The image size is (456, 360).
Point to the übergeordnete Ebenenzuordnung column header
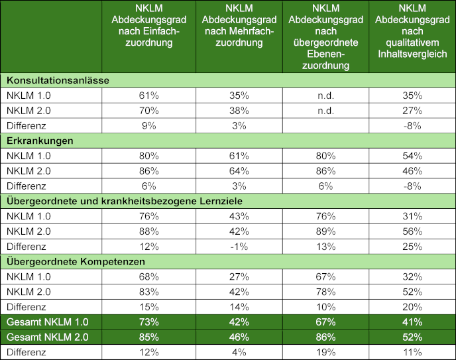(325, 36)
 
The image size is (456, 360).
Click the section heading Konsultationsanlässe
(58, 80)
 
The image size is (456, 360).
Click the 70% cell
(149, 111)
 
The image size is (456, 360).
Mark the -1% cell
(239, 247)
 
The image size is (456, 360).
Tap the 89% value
(325, 231)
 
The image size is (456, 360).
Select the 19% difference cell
(325, 353)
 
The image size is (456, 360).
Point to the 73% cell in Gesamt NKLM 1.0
(149, 322)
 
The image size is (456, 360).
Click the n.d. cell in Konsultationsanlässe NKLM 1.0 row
(325, 95)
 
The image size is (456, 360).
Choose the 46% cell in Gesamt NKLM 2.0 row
(239, 337)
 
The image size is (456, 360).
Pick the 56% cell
(412, 231)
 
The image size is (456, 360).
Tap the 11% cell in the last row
(412, 353)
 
